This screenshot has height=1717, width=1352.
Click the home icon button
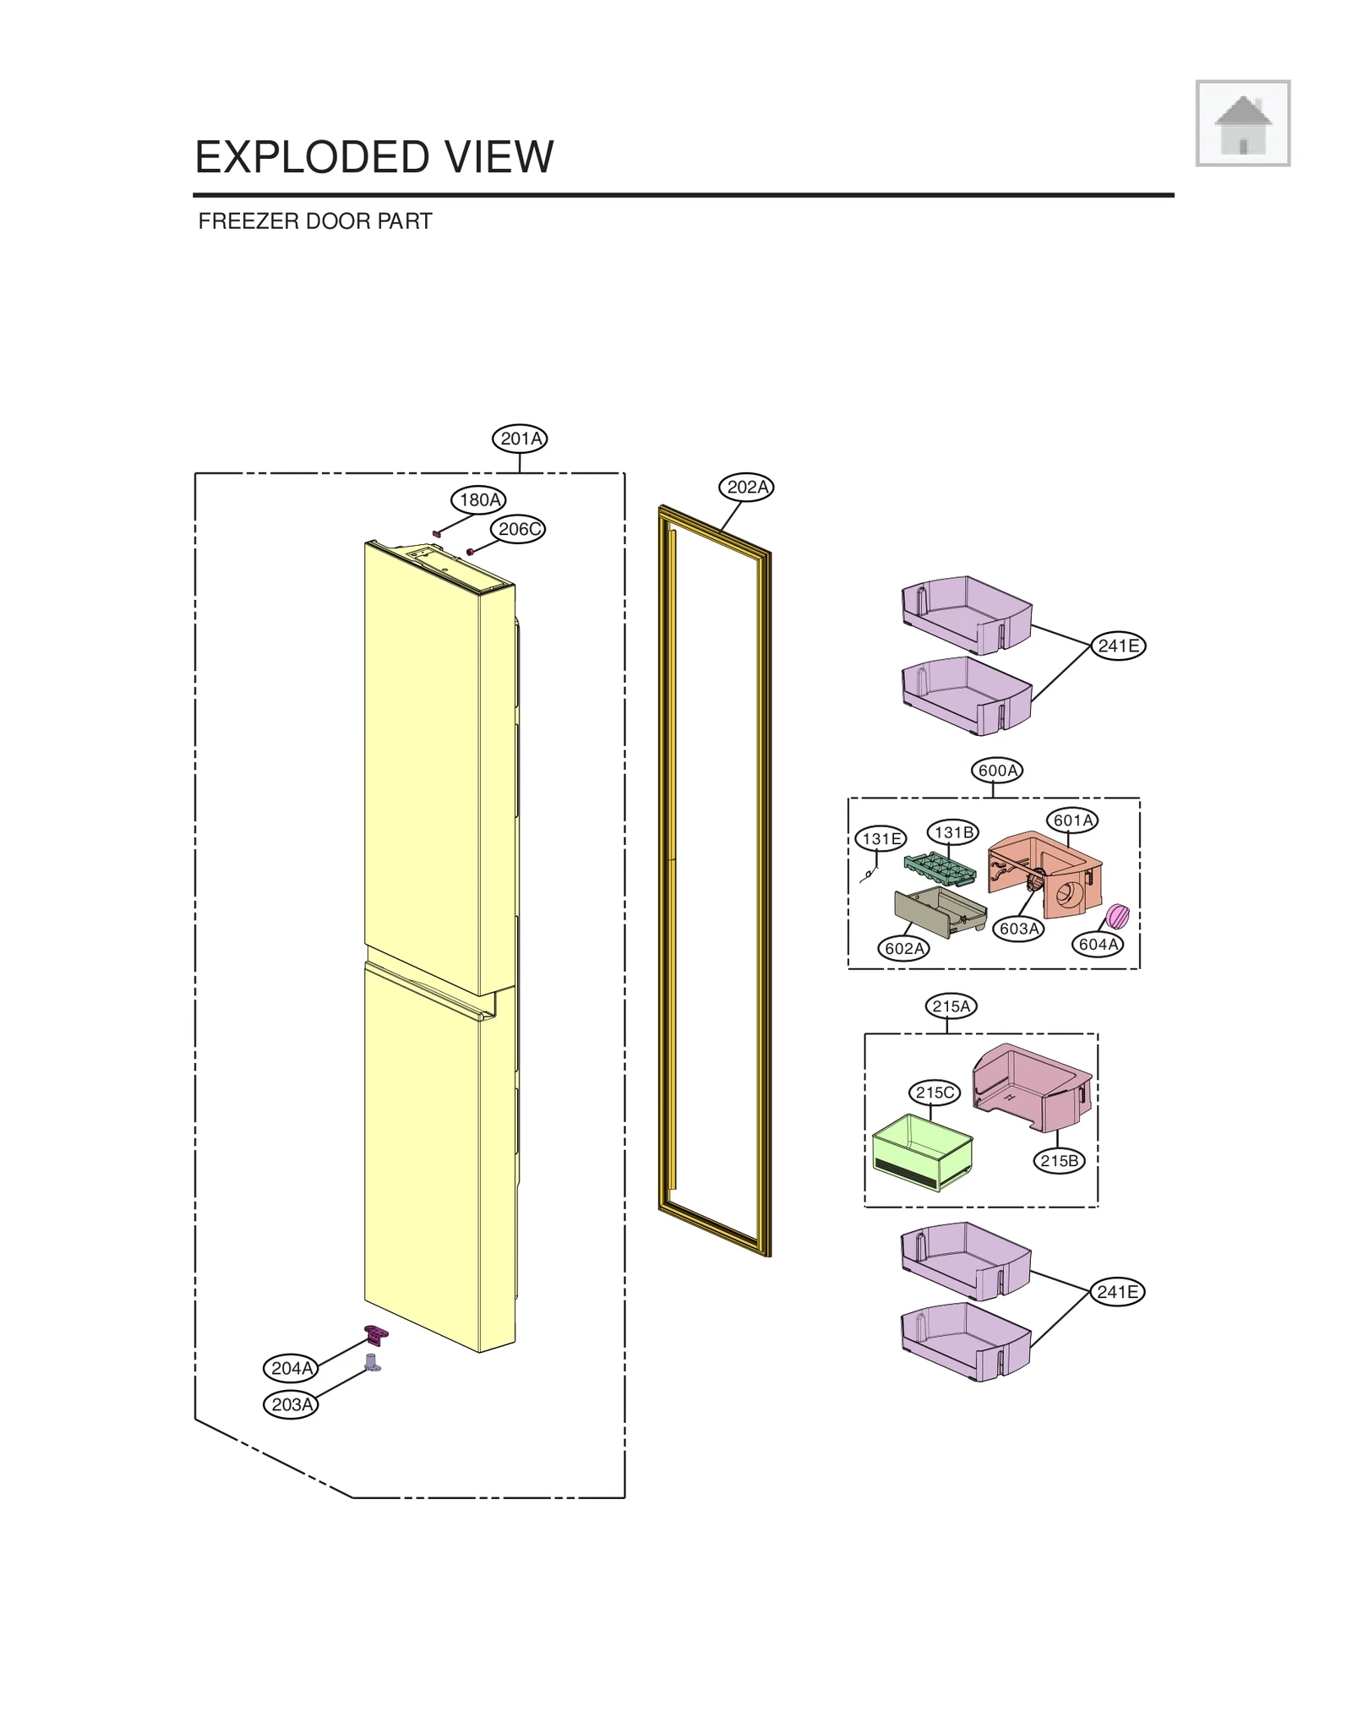(x=1241, y=123)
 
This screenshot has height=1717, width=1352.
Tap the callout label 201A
(x=520, y=439)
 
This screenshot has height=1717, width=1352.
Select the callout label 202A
(x=747, y=488)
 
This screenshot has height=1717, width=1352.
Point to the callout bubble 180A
(x=479, y=499)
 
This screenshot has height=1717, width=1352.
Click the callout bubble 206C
(x=518, y=530)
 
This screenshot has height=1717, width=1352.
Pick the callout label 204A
(x=292, y=1368)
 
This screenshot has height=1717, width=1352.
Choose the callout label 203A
(x=292, y=1404)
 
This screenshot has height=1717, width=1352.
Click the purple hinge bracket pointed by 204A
(x=376, y=1334)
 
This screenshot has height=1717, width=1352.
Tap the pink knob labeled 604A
(x=1117, y=915)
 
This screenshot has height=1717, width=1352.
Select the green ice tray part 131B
(x=940, y=868)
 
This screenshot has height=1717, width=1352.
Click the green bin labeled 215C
(x=922, y=1151)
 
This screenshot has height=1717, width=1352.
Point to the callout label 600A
(x=997, y=771)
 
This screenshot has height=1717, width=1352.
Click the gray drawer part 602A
(x=939, y=911)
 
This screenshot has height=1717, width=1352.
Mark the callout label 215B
(x=1059, y=1161)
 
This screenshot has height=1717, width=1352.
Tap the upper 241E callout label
(x=1118, y=646)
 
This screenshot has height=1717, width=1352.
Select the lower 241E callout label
(x=1117, y=1292)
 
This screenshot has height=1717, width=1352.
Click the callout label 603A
(x=1018, y=929)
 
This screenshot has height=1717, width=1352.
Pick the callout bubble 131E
(x=880, y=839)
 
